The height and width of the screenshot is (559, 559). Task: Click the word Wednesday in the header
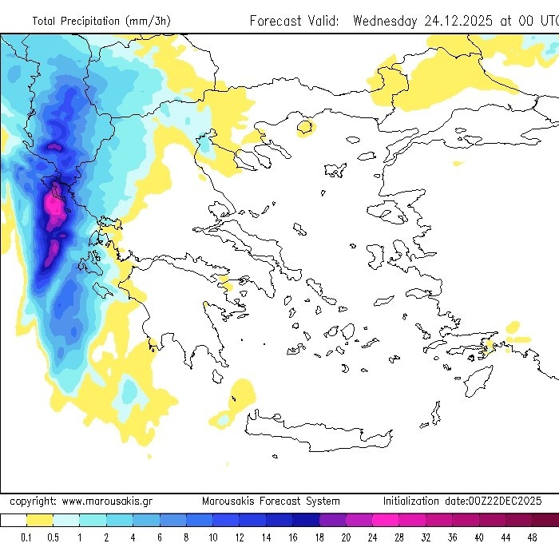coord(384,21)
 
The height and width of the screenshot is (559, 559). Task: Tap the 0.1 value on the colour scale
coord(26,537)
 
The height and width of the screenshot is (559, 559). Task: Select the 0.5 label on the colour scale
coord(53,537)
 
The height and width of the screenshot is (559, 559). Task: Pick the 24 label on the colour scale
coord(372,537)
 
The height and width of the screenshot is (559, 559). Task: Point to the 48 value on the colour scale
coord(532,537)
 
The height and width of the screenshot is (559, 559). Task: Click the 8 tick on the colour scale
coord(186,537)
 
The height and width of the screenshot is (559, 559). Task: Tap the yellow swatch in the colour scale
coord(39,520)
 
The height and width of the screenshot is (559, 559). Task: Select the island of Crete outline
coord(319,431)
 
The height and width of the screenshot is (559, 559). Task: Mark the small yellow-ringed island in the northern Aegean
coord(305,126)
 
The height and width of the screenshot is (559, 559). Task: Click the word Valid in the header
coord(327,21)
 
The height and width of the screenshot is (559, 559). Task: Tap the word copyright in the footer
coord(32,501)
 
